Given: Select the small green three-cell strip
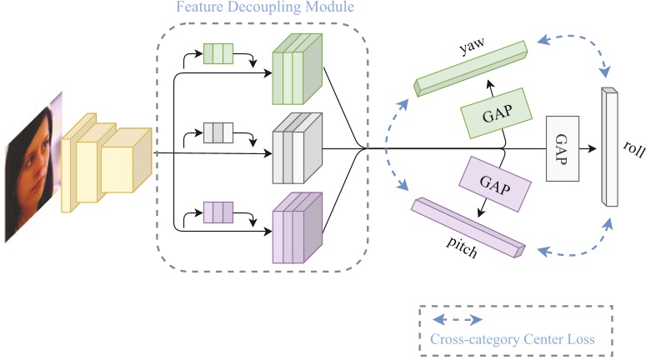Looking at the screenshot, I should (x=218, y=56).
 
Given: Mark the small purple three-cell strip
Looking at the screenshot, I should (x=218, y=212).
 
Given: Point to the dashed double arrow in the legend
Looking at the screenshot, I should (x=460, y=320).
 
